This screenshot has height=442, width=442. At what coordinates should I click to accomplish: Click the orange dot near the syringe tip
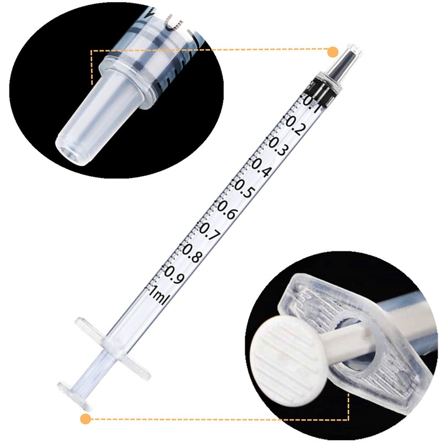click(x=333, y=52)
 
